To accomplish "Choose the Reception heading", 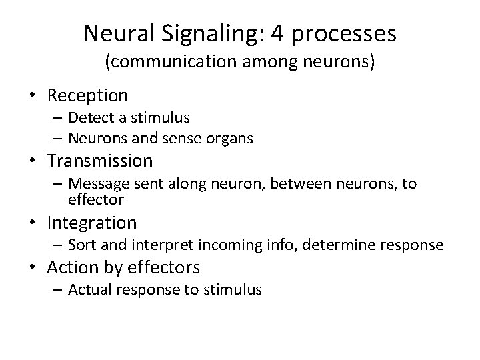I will (87, 96).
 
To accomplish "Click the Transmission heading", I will (100, 161).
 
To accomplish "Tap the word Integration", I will (92, 222).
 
